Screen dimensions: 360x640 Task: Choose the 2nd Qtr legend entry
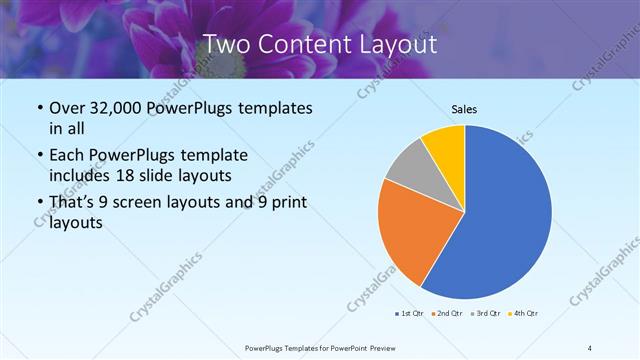click(447, 314)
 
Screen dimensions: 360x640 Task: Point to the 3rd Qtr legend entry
click(486, 314)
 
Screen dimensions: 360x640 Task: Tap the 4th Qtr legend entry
click(523, 314)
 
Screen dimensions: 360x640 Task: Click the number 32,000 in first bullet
click(124, 108)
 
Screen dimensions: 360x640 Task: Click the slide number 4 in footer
click(589, 347)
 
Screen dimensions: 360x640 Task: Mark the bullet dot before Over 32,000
click(39, 108)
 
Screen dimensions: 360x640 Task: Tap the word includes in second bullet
click(81, 175)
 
